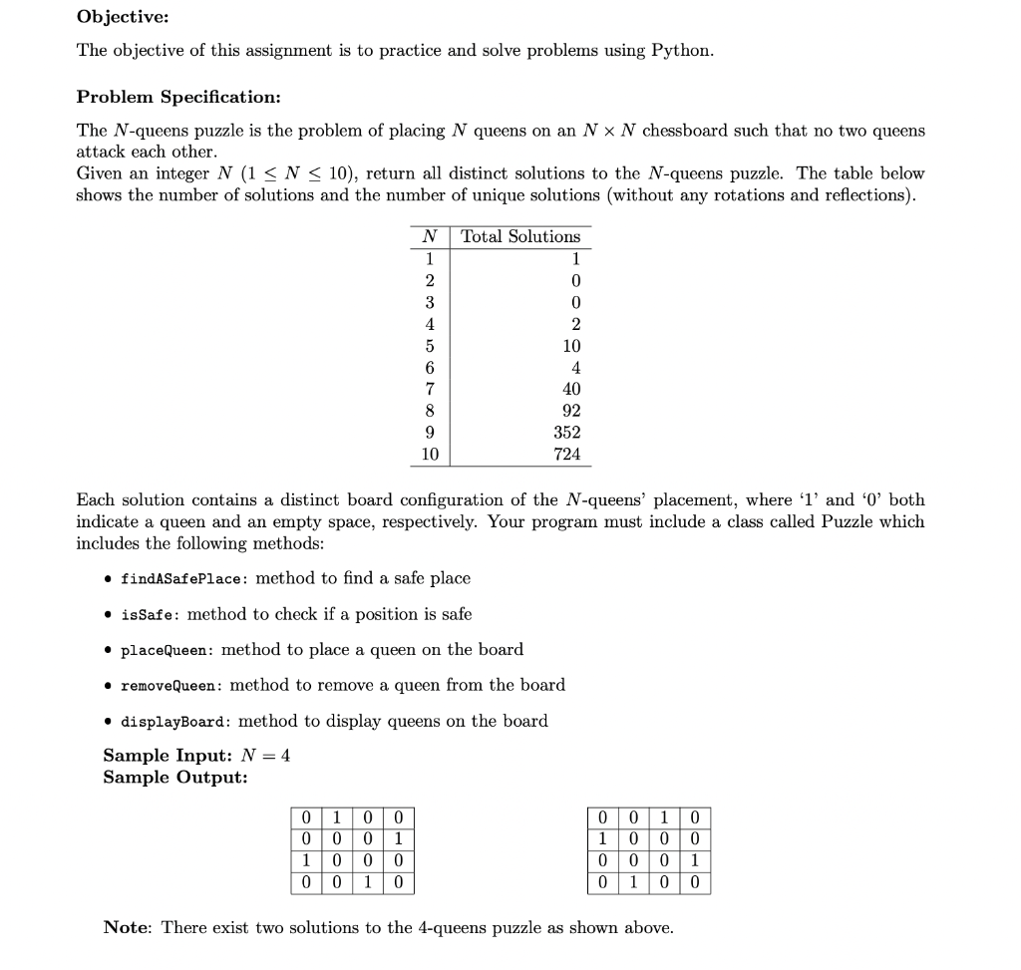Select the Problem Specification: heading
click(x=178, y=97)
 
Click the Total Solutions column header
click(x=519, y=236)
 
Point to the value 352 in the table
click(x=566, y=433)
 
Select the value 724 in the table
click(x=566, y=455)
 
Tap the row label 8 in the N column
click(x=430, y=411)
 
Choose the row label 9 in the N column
click(x=430, y=433)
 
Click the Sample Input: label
click(x=166, y=756)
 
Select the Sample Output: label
click(x=174, y=778)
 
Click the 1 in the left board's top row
click(x=336, y=817)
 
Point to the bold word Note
click(x=126, y=928)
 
